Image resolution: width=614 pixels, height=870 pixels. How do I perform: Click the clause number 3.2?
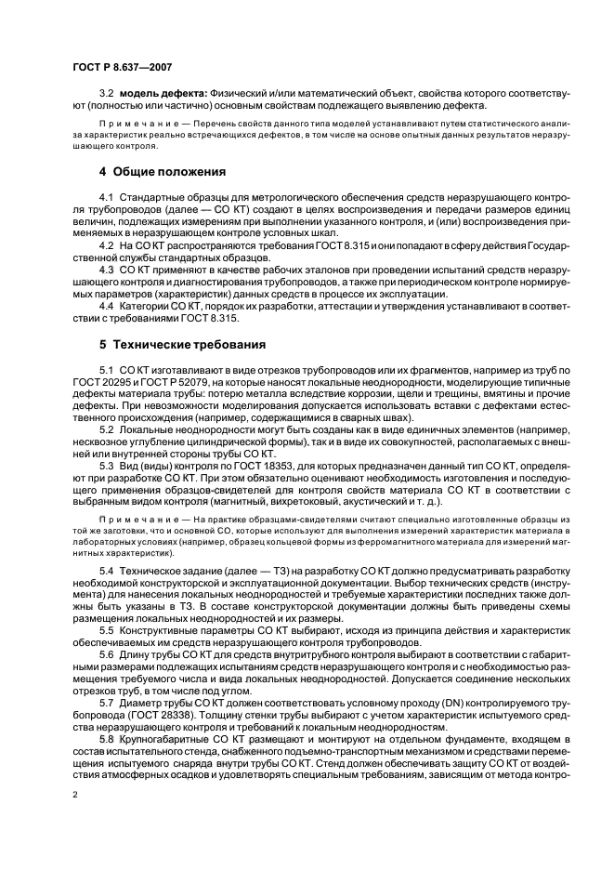coord(107,94)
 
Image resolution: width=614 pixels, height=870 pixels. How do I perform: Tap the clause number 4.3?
coord(107,269)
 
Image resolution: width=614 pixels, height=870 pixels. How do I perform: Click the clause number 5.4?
coord(107,568)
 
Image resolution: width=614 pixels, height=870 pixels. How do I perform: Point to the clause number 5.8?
coord(107,732)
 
